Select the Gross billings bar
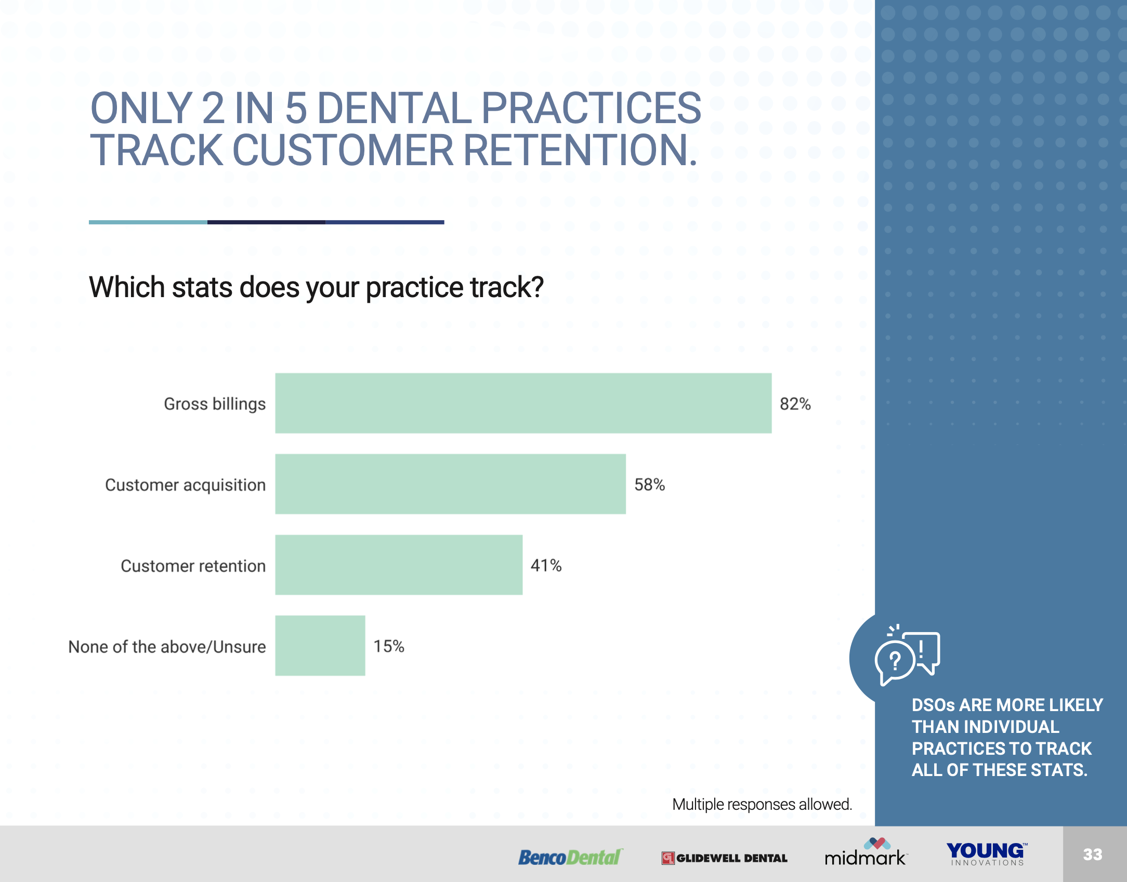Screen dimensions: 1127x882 click(523, 403)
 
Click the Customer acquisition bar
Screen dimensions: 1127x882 click(451, 484)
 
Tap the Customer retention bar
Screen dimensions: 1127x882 click(399, 565)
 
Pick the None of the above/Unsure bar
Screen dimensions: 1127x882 click(320, 646)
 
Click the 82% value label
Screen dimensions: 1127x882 click(795, 404)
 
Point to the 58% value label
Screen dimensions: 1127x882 click(650, 485)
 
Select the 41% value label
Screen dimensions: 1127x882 click(546, 565)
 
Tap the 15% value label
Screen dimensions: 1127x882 click(389, 646)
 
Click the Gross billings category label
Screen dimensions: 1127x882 click(215, 404)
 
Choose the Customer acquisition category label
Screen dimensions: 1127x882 click(186, 485)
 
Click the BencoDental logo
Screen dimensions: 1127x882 click(570, 857)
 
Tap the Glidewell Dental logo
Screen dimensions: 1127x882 click(725, 858)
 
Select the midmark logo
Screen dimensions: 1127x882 click(866, 852)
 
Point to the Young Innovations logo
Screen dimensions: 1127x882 click(987, 854)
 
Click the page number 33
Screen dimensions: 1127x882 click(1093, 854)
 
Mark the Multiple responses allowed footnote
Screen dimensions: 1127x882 click(762, 804)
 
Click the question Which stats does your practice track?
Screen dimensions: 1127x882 click(317, 287)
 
